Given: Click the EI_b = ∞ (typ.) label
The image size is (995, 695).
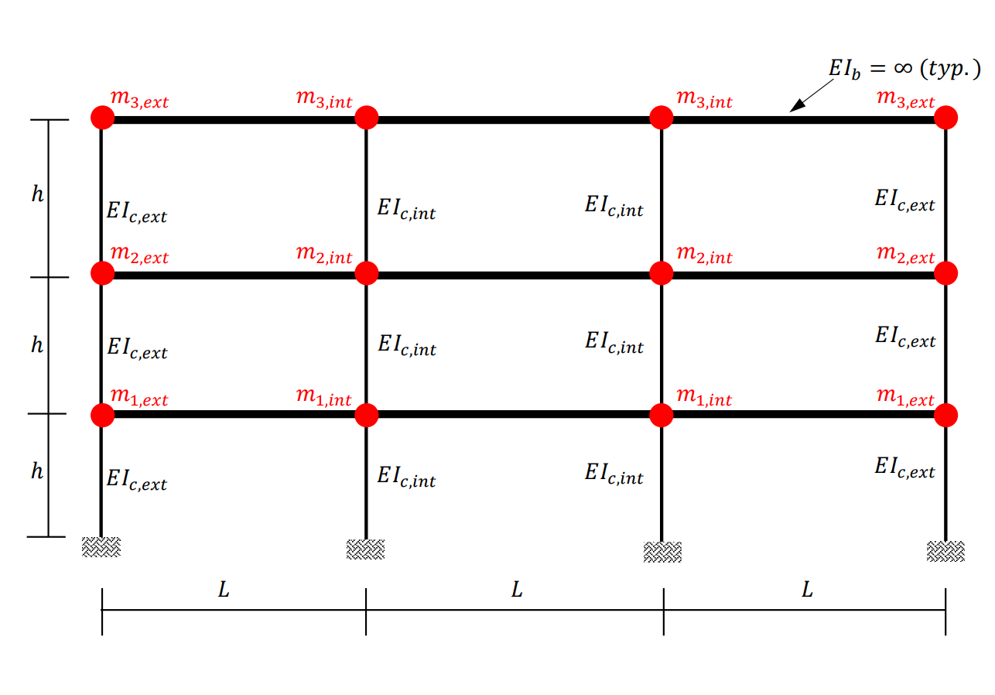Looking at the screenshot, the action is point(904,69).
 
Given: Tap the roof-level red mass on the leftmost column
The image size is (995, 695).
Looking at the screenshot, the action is point(103,118).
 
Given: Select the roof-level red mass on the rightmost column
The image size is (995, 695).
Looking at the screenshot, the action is point(945,118).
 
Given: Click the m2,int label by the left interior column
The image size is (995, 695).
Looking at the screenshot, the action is point(324,254).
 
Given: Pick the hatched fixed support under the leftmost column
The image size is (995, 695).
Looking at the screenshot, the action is point(101,546).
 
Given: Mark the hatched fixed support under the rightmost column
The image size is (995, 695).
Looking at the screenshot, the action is point(945,552).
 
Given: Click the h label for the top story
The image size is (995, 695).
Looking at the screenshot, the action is point(38,193).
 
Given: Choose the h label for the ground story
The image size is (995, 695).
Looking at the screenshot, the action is point(37,471).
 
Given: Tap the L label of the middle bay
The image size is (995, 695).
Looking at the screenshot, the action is point(517,590).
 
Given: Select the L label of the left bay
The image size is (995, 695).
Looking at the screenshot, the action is point(224,590).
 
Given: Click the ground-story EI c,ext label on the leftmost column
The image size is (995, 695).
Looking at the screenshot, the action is point(137,481).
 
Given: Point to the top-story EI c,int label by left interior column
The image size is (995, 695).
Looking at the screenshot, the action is point(406,209).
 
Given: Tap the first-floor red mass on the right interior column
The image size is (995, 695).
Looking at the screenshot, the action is point(662,416).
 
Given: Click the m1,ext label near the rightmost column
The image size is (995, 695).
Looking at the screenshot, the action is point(905,397).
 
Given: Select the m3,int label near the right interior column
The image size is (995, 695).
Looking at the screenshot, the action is point(704,98).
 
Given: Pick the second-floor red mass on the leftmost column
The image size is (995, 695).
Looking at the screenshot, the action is point(103,273).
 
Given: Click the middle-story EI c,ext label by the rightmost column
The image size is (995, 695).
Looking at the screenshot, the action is point(905,337).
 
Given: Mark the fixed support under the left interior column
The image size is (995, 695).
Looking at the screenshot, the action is point(365,549).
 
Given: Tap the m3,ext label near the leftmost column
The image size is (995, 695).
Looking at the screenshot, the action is point(139,98).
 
